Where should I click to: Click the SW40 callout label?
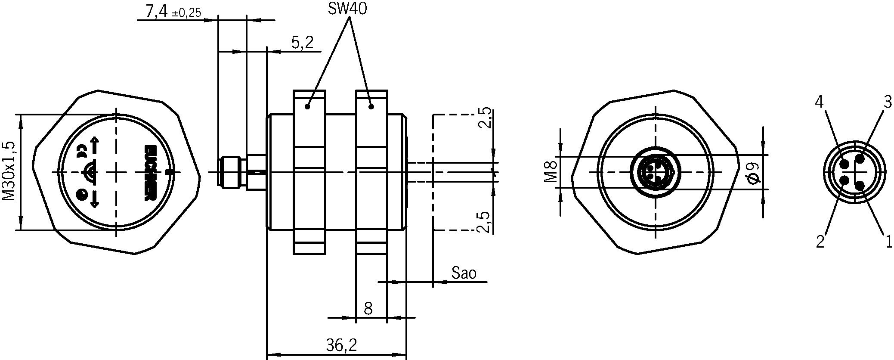click(347, 9)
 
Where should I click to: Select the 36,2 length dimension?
click(341, 344)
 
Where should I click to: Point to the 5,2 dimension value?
click(303, 42)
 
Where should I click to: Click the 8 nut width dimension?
click(368, 308)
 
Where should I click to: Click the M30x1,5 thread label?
click(9, 171)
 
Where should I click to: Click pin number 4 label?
click(819, 102)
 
